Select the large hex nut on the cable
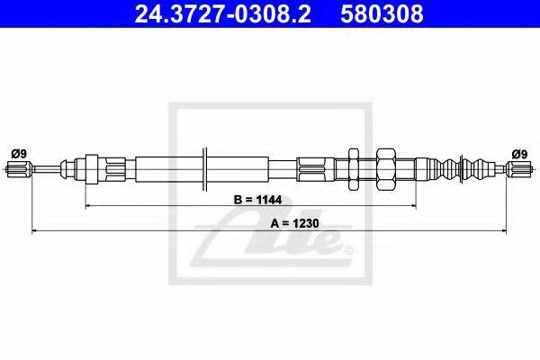point(388,167)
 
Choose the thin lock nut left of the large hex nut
point(353,167)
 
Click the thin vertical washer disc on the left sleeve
point(206,167)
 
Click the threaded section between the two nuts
point(368,167)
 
